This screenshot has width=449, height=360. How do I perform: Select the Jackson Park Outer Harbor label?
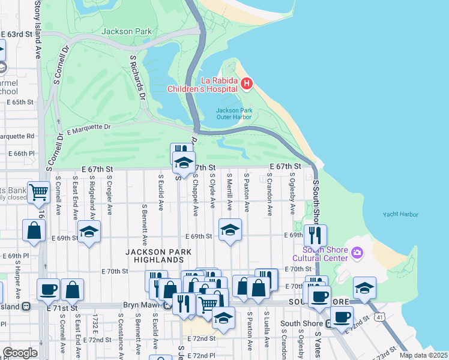[234, 113]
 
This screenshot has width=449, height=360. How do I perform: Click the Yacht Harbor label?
[400, 214]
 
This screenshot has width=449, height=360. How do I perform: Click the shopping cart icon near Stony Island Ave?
[38, 193]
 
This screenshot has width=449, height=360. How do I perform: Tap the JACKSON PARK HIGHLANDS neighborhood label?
[154, 256]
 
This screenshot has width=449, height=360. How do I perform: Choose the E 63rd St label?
[16, 34]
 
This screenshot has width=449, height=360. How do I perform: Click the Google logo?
[20, 353]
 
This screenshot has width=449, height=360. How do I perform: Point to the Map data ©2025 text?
[424, 355]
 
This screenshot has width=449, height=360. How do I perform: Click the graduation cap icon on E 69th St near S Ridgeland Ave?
[89, 232]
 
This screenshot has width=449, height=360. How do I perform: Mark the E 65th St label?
[20, 102]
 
